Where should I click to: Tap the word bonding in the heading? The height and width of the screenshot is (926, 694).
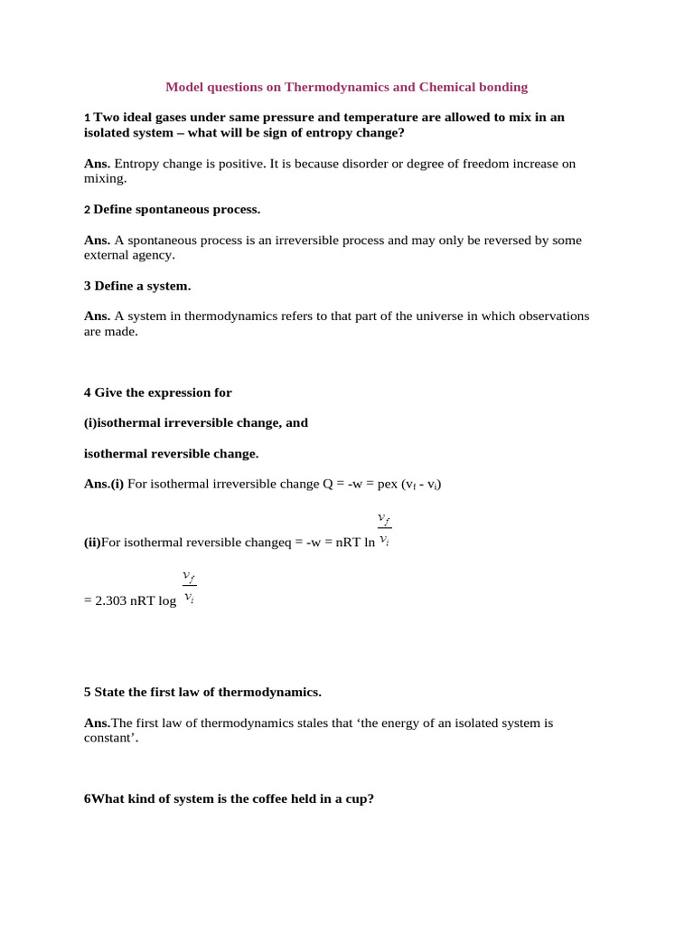502,87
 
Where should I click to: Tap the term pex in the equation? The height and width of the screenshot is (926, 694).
388,484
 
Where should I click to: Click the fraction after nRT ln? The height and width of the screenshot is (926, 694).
384,529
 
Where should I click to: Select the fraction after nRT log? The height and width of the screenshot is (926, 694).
188,587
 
